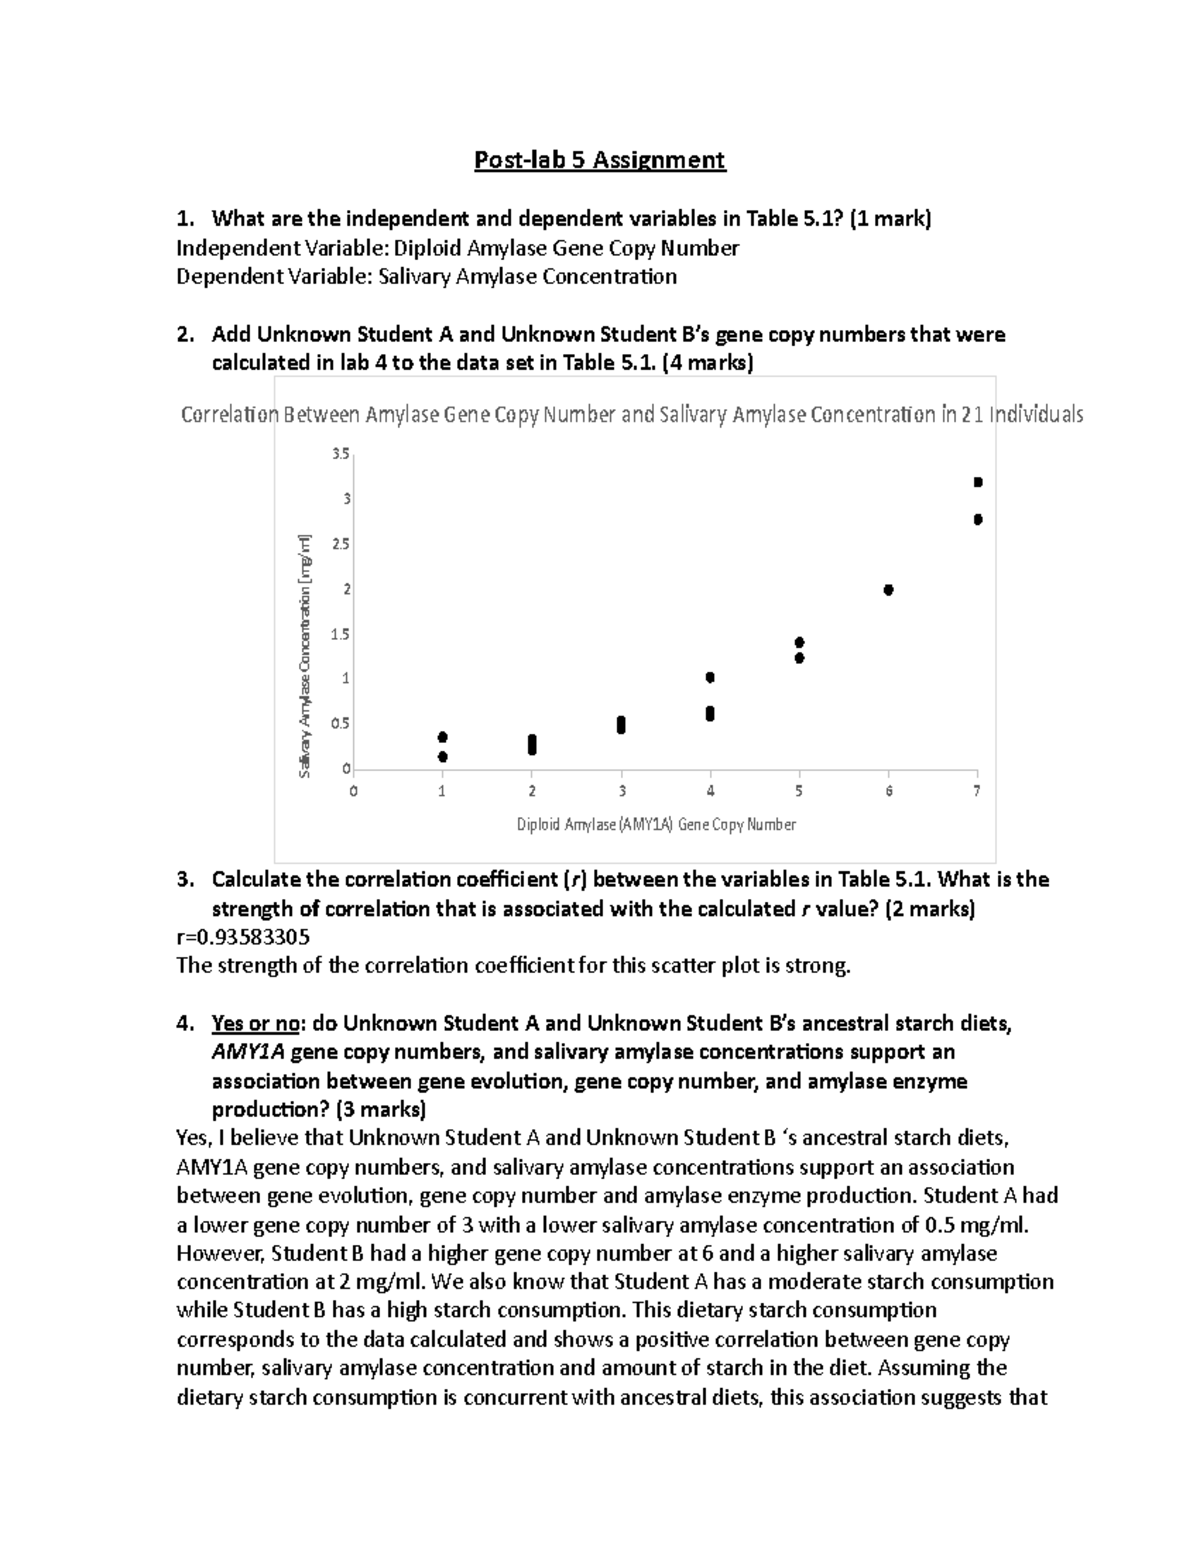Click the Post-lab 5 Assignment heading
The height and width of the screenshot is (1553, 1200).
tap(599, 160)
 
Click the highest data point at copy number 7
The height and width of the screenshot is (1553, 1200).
tap(978, 482)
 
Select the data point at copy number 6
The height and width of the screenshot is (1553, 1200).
tap(888, 590)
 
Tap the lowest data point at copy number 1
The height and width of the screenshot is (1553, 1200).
tap(443, 757)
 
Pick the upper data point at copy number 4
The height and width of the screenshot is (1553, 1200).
tap(710, 677)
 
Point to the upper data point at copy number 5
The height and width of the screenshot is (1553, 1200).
tap(799, 642)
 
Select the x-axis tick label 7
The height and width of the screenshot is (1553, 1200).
tap(977, 791)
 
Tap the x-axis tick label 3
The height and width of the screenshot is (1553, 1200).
tap(622, 791)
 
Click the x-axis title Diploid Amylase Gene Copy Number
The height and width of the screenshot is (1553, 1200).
tap(656, 825)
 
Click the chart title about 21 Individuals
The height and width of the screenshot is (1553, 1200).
tap(632, 414)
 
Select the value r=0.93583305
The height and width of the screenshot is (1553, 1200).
tap(243, 937)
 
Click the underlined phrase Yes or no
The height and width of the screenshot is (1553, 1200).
tap(256, 1023)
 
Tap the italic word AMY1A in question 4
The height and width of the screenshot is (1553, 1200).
tap(248, 1052)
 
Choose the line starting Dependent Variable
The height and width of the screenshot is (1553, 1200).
tap(426, 277)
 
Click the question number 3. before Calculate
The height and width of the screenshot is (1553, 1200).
tap(184, 880)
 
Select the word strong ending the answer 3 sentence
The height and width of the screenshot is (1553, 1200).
tap(817, 966)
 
